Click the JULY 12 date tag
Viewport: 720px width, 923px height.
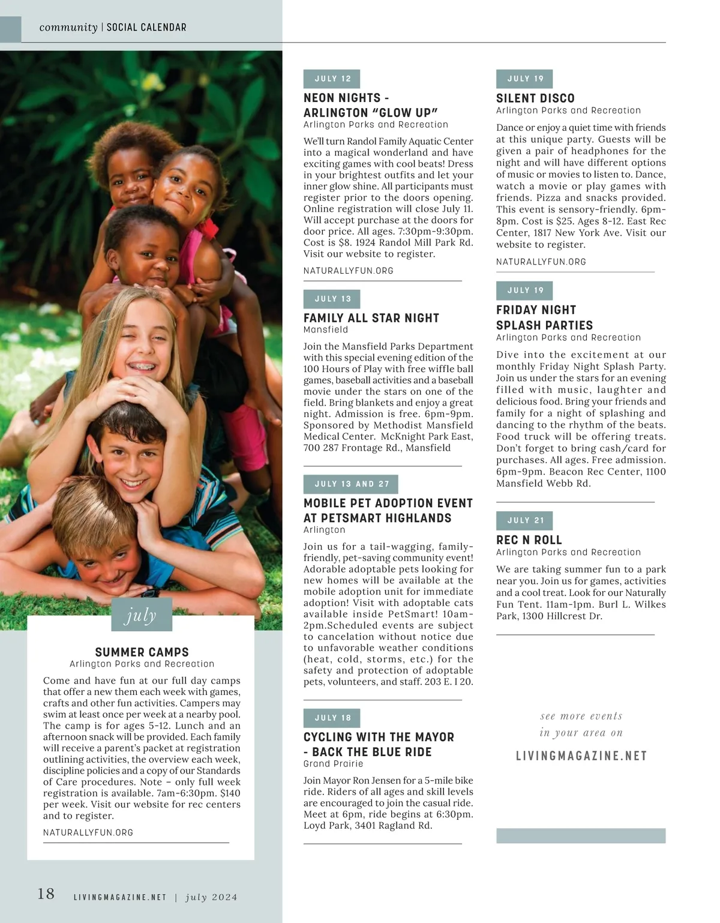[x=332, y=79]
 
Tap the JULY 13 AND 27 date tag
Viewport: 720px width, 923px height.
[x=351, y=484]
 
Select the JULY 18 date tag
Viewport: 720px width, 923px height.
[x=332, y=718]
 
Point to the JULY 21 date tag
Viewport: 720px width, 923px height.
[x=525, y=520]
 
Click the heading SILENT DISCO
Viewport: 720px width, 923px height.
[x=535, y=98]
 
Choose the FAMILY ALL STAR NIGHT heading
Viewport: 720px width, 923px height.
[x=371, y=318]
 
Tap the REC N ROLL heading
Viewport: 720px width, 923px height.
[x=529, y=540]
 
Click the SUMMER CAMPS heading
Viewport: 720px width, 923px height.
[x=142, y=652]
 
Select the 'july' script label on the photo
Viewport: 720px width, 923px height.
[x=142, y=615]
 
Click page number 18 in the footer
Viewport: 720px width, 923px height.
[x=46, y=894]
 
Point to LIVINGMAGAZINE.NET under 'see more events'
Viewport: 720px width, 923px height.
[x=581, y=756]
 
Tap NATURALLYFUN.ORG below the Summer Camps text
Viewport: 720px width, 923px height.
[x=88, y=832]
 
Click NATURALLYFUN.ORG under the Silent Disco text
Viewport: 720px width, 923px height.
[x=541, y=262]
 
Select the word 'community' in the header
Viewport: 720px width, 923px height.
[x=68, y=28]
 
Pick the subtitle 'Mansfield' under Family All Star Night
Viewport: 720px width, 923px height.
[x=326, y=329]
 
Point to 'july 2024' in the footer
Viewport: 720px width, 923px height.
[x=211, y=897]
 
